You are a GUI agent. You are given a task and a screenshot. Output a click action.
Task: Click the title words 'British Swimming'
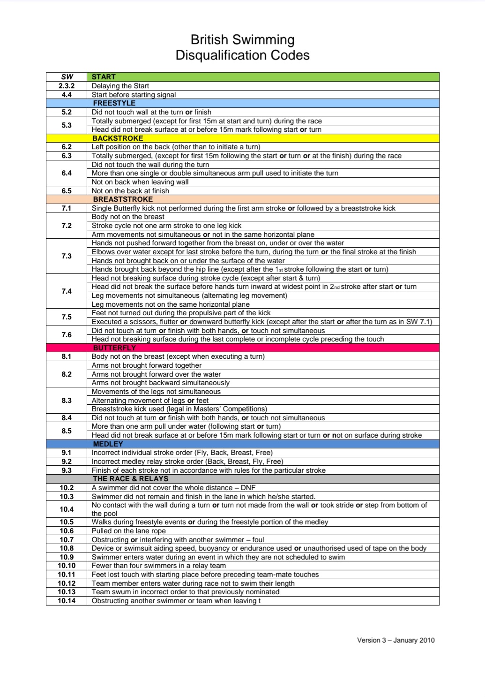[242, 40]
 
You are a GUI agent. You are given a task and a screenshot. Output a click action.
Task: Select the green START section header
[104, 77]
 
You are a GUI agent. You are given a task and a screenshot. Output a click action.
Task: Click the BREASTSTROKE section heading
[123, 199]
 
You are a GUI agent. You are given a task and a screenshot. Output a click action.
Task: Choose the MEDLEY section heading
[108, 444]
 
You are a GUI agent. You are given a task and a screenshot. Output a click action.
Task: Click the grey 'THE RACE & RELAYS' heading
[130, 479]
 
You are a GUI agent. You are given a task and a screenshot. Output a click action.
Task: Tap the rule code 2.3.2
[67, 86]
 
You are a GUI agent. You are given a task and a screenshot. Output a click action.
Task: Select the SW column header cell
[67, 77]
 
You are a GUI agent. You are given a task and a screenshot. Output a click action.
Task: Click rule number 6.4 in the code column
[67, 173]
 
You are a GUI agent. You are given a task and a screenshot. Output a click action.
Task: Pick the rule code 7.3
[67, 256]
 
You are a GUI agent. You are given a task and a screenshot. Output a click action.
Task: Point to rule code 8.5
[67, 431]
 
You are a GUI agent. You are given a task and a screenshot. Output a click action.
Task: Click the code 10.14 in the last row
[67, 601]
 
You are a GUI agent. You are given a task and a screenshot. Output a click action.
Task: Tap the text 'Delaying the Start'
[120, 86]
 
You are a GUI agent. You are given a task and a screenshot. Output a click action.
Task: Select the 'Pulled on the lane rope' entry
[129, 531]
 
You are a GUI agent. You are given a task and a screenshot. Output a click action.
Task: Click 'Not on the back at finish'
[130, 191]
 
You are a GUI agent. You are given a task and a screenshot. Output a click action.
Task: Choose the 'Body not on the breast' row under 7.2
[128, 217]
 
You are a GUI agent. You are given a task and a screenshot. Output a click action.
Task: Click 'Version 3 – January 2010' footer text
[395, 640]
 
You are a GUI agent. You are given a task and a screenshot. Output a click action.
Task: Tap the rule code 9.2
[67, 462]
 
